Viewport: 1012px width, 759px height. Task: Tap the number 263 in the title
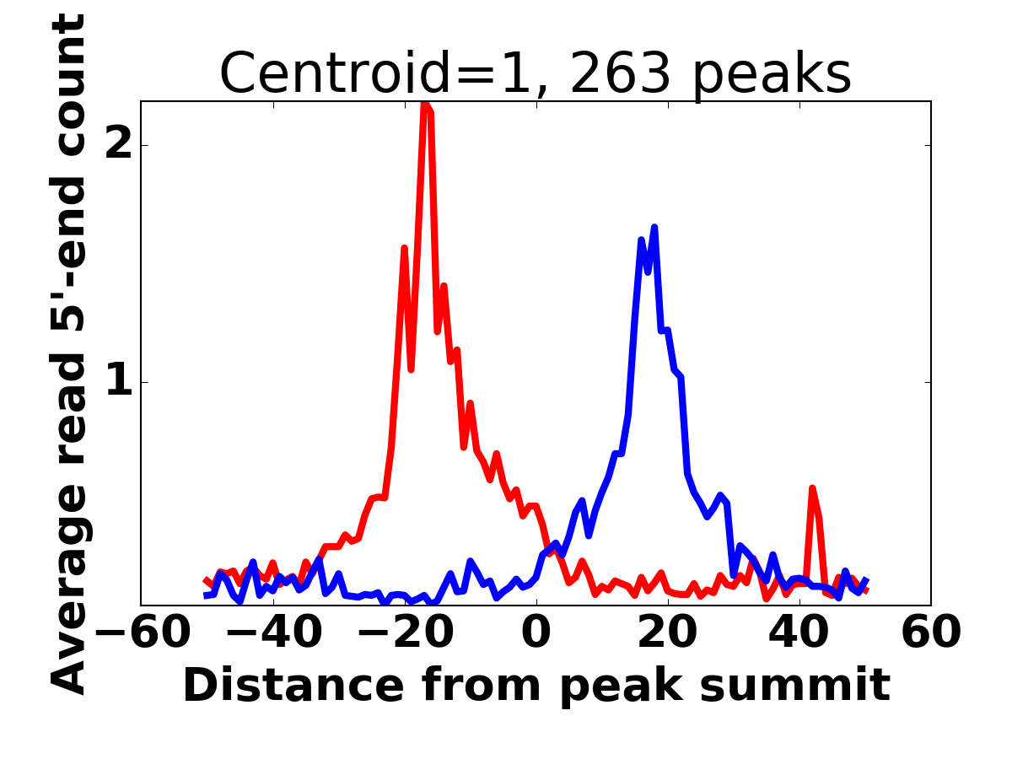tap(621, 74)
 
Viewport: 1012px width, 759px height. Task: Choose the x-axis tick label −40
tap(275, 632)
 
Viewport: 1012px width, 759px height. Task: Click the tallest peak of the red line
tap(425, 105)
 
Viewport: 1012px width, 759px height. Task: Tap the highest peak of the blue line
tap(654, 228)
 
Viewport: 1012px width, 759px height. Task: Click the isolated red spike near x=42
tap(812, 489)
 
